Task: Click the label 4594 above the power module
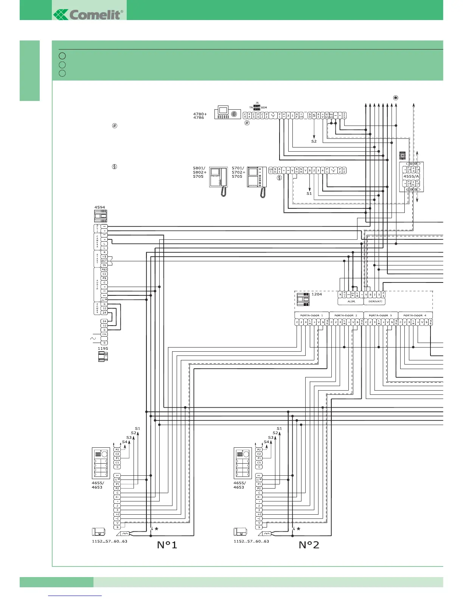[x=100, y=207]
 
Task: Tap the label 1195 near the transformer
[x=103, y=349]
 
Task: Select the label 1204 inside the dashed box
[x=317, y=294]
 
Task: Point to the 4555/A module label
[x=411, y=176]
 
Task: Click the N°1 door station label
[x=167, y=545]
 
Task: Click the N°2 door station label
[x=309, y=545]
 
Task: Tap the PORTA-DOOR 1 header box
[x=312, y=315]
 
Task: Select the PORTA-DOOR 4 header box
[x=415, y=315]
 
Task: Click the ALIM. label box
[x=351, y=301]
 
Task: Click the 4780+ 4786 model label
[x=200, y=116]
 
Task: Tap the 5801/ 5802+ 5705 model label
[x=199, y=172]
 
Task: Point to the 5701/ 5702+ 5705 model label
[x=238, y=172]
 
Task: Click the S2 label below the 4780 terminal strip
[x=314, y=141]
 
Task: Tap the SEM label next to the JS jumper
[x=264, y=108]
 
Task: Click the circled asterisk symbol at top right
[x=396, y=98]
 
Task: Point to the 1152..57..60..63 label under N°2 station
[x=251, y=542]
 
